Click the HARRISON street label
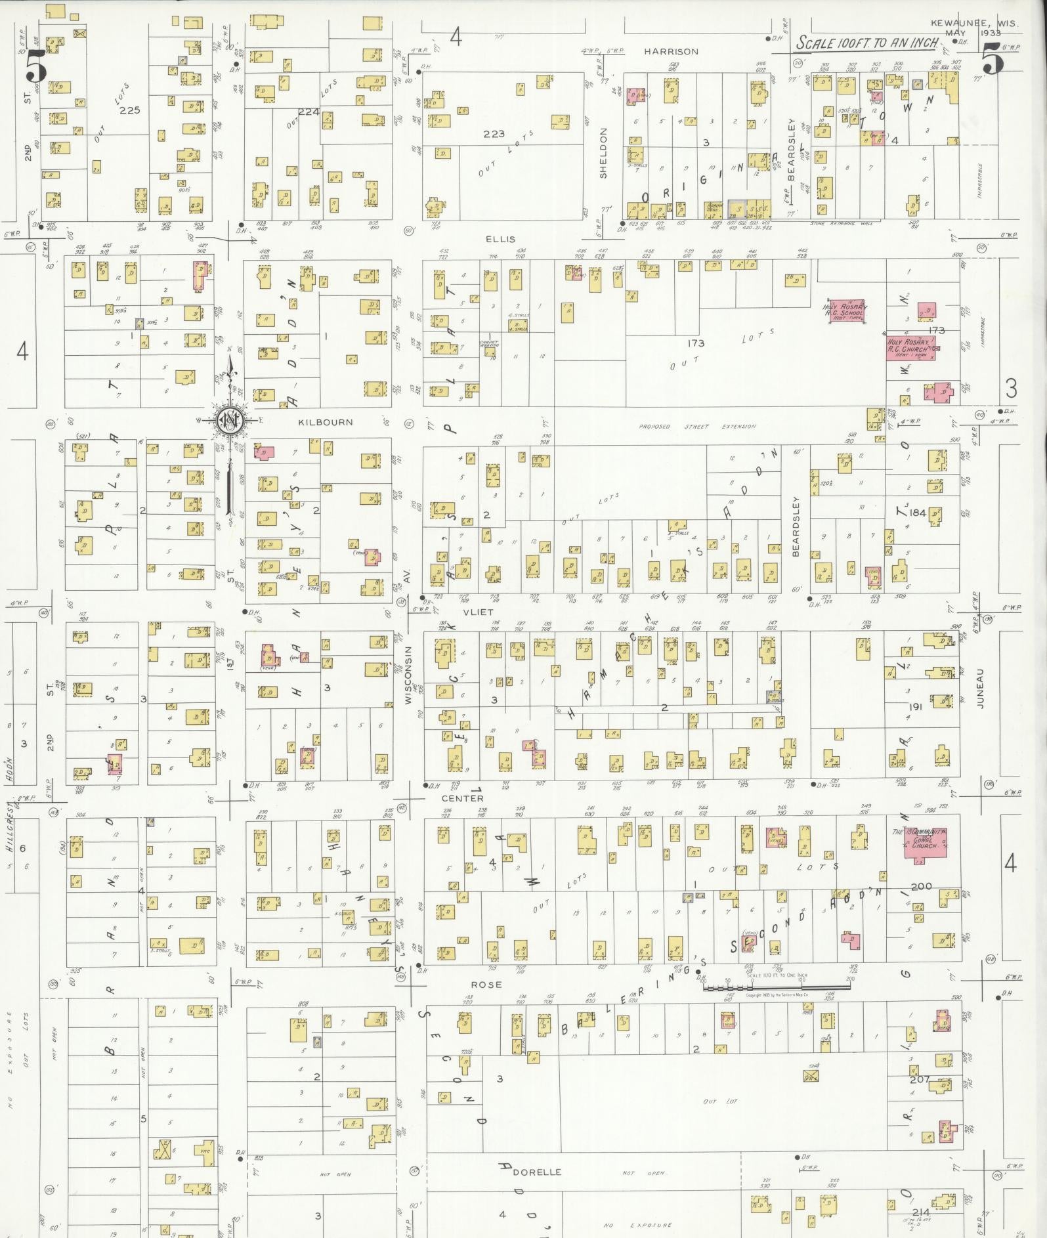tap(670, 51)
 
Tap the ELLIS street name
tap(501, 240)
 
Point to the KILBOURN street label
tap(325, 422)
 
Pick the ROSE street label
tap(486, 985)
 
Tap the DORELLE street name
tap(537, 1172)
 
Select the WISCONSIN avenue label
tap(408, 675)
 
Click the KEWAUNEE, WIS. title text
tap(974, 24)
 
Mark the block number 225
tap(130, 110)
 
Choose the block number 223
tap(494, 134)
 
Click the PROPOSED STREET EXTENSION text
tap(698, 427)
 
